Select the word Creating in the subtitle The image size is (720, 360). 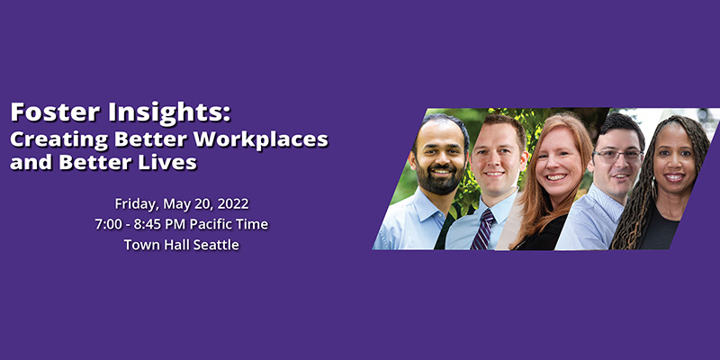[58, 140]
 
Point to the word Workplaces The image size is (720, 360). [260, 140]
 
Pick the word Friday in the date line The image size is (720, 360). [137, 203]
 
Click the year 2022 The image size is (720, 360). [233, 203]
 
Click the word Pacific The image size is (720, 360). [213, 224]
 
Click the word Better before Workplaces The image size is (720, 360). [149, 140]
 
